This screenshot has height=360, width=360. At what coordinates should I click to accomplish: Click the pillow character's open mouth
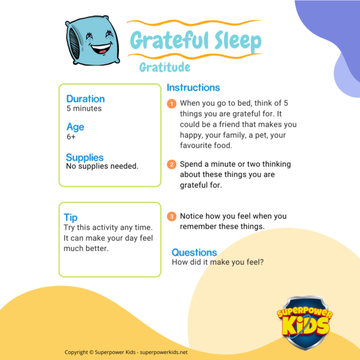[101, 49]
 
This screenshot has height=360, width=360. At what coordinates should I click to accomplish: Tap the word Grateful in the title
[169, 40]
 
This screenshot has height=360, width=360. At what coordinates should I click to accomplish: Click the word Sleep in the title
[238, 42]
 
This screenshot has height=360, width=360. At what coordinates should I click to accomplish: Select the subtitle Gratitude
[164, 67]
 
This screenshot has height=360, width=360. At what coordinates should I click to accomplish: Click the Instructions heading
[193, 87]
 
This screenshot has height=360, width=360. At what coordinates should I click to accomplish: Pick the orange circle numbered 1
[172, 104]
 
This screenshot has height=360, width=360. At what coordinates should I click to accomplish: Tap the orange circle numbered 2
[172, 164]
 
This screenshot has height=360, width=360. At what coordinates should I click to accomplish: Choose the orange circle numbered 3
[172, 216]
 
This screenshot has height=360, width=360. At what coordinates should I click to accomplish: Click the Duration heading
[85, 99]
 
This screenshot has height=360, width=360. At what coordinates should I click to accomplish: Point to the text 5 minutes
[84, 108]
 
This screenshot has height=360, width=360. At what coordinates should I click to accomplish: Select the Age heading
[76, 127]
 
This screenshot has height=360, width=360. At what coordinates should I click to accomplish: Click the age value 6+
[71, 137]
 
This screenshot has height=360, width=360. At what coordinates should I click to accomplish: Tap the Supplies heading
[85, 157]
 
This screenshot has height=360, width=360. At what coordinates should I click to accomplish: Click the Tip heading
[70, 217]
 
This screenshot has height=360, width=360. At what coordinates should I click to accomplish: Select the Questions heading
[194, 252]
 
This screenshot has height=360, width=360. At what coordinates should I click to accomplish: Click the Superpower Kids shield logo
[305, 323]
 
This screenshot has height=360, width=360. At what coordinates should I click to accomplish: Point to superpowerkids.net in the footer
[164, 352]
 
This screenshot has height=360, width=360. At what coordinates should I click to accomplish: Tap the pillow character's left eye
[89, 36]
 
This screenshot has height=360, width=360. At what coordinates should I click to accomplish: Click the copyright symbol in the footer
[91, 352]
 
